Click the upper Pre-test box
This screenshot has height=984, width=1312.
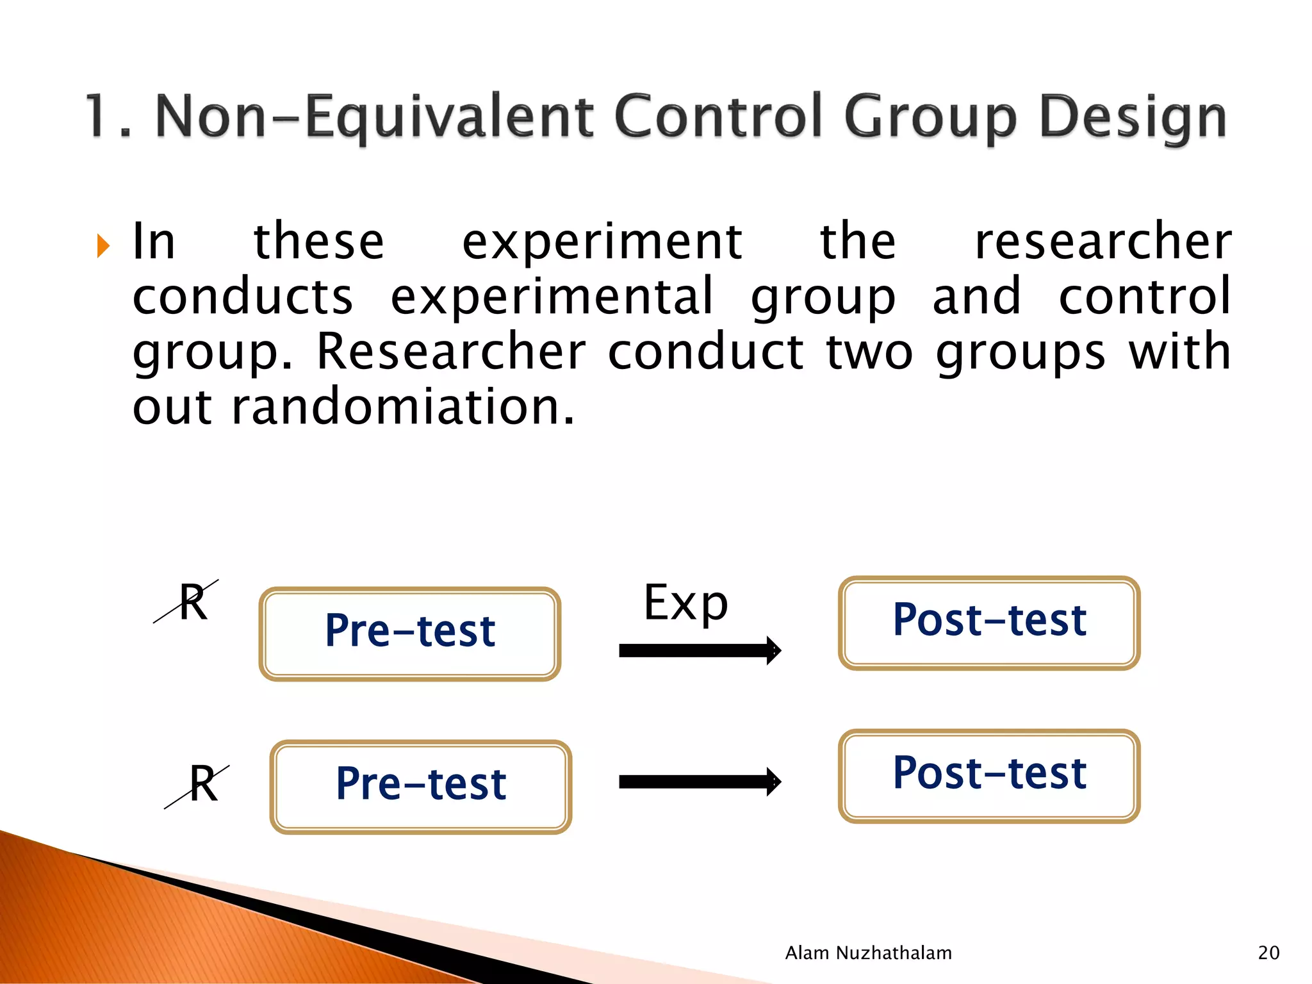tap(410, 633)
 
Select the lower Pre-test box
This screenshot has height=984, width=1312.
tap(421, 786)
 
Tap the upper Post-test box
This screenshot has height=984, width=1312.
tap(989, 622)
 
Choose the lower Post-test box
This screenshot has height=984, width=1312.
tap(989, 775)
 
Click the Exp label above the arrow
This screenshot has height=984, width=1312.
tap(685, 603)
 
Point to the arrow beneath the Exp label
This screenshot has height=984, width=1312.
tap(700, 650)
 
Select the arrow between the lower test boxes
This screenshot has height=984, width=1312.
tap(700, 782)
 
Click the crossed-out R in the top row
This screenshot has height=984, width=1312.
tap(190, 602)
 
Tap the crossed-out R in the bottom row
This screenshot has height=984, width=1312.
tap(201, 785)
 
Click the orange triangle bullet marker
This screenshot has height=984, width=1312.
tap(103, 245)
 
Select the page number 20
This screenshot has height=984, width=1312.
tap(1268, 953)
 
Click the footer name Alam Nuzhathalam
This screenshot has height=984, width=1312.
tap(868, 953)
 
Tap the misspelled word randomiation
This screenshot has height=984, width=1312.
tap(402, 407)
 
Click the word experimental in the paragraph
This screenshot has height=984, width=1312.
tap(552, 297)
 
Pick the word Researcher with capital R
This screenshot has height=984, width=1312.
tap(450, 352)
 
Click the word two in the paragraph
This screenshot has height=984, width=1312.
tap(869, 352)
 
